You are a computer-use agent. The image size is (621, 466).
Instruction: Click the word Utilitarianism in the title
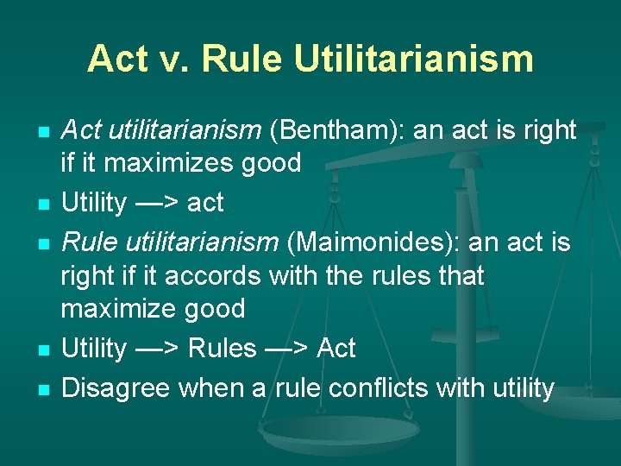(x=413, y=59)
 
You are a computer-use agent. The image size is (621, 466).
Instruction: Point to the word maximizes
(x=160, y=162)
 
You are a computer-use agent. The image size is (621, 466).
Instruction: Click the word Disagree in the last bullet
(x=116, y=388)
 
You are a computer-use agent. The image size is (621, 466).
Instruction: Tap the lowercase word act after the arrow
(x=205, y=204)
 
